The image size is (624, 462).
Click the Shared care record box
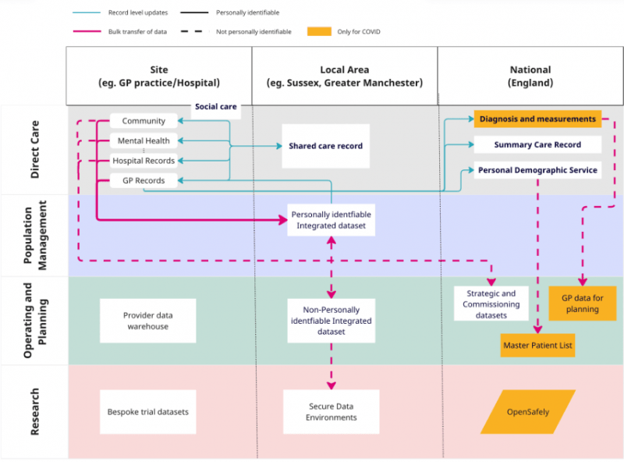[x=325, y=146]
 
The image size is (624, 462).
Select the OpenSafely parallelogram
[x=528, y=411]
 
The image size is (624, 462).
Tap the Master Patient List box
[x=537, y=345]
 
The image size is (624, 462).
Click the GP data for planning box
[x=583, y=303]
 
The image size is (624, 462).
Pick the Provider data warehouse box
[x=147, y=321]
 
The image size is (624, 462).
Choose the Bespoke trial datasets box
[x=147, y=411]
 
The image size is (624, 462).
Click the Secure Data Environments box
[x=331, y=411]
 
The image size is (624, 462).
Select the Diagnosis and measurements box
[x=537, y=119]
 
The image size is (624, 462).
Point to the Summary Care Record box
[x=537, y=145]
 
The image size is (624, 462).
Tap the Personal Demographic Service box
[x=537, y=170]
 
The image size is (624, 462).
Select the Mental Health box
[x=144, y=141]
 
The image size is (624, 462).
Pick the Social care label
[x=216, y=107]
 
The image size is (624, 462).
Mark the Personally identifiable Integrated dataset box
[x=331, y=220]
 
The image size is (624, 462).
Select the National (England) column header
[x=530, y=76]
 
